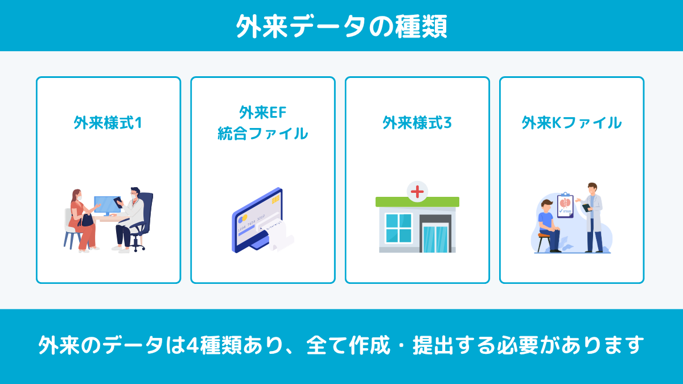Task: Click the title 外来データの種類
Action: [341, 26]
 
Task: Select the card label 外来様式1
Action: [108, 122]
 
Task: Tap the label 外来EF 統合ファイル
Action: [262, 123]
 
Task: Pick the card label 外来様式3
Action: [417, 122]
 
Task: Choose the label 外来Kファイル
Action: [571, 122]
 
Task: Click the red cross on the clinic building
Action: [417, 191]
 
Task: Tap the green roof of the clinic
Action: [417, 202]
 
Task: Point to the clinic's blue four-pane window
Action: [398, 228]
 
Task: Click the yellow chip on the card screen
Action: [275, 200]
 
